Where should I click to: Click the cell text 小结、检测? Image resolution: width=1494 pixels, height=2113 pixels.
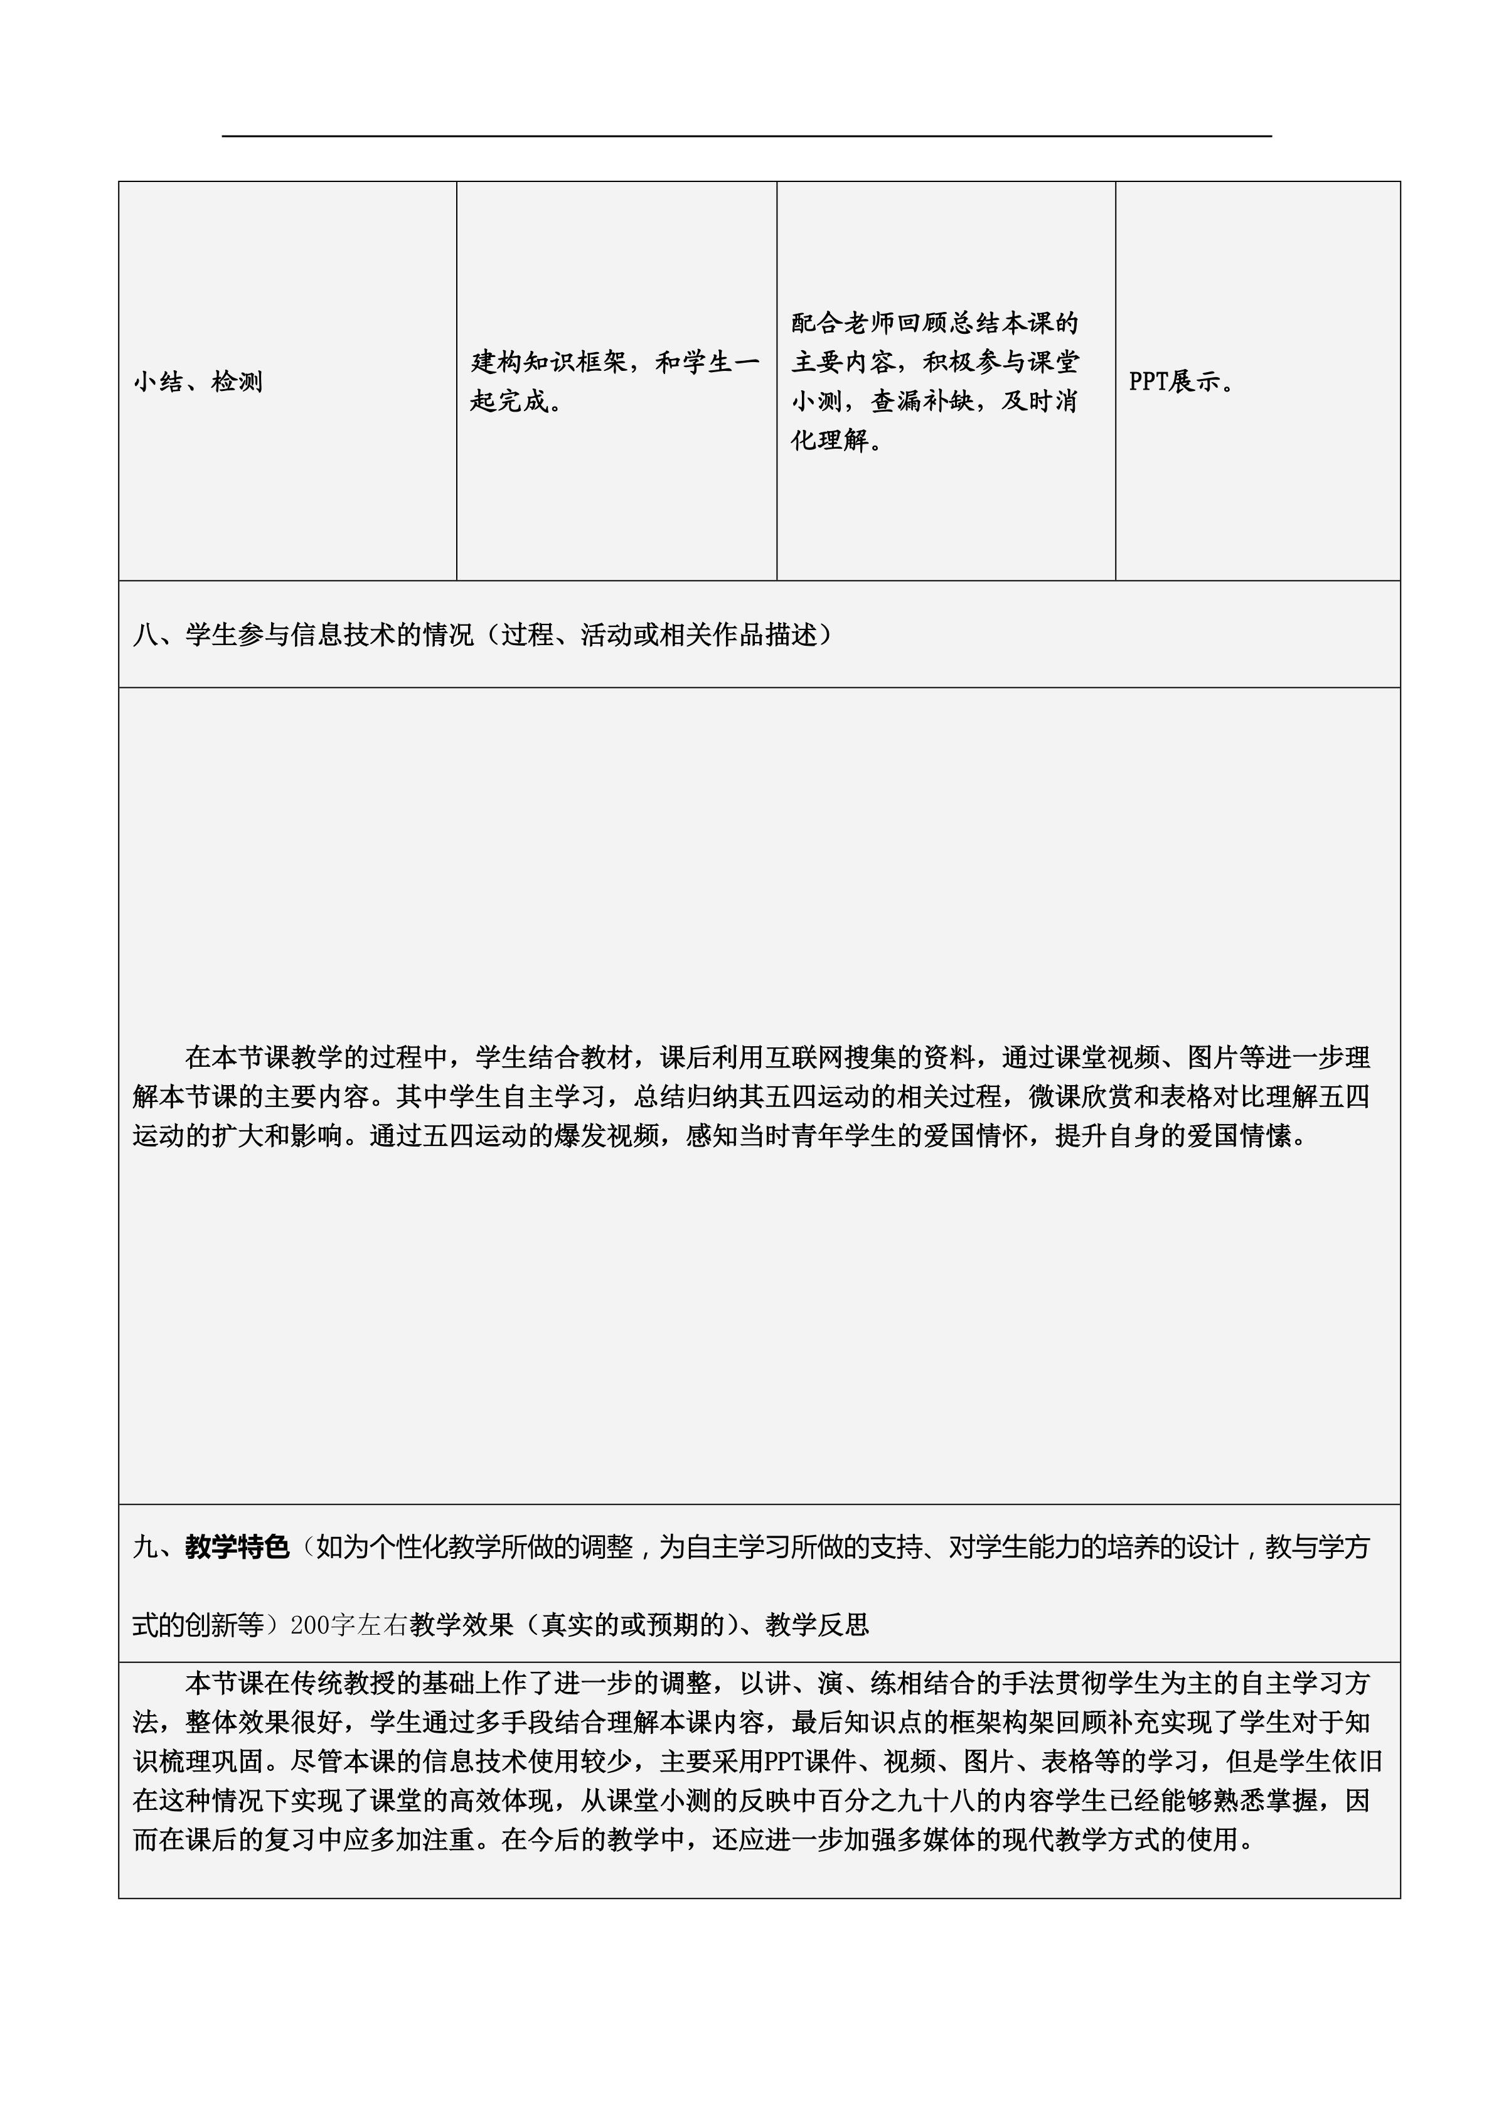coord(198,381)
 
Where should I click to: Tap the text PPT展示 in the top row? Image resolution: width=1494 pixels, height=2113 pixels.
coord(1180,381)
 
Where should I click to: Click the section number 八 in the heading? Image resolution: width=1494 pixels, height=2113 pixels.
coord(146,635)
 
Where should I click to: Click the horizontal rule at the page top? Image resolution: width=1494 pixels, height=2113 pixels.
coord(747,136)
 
